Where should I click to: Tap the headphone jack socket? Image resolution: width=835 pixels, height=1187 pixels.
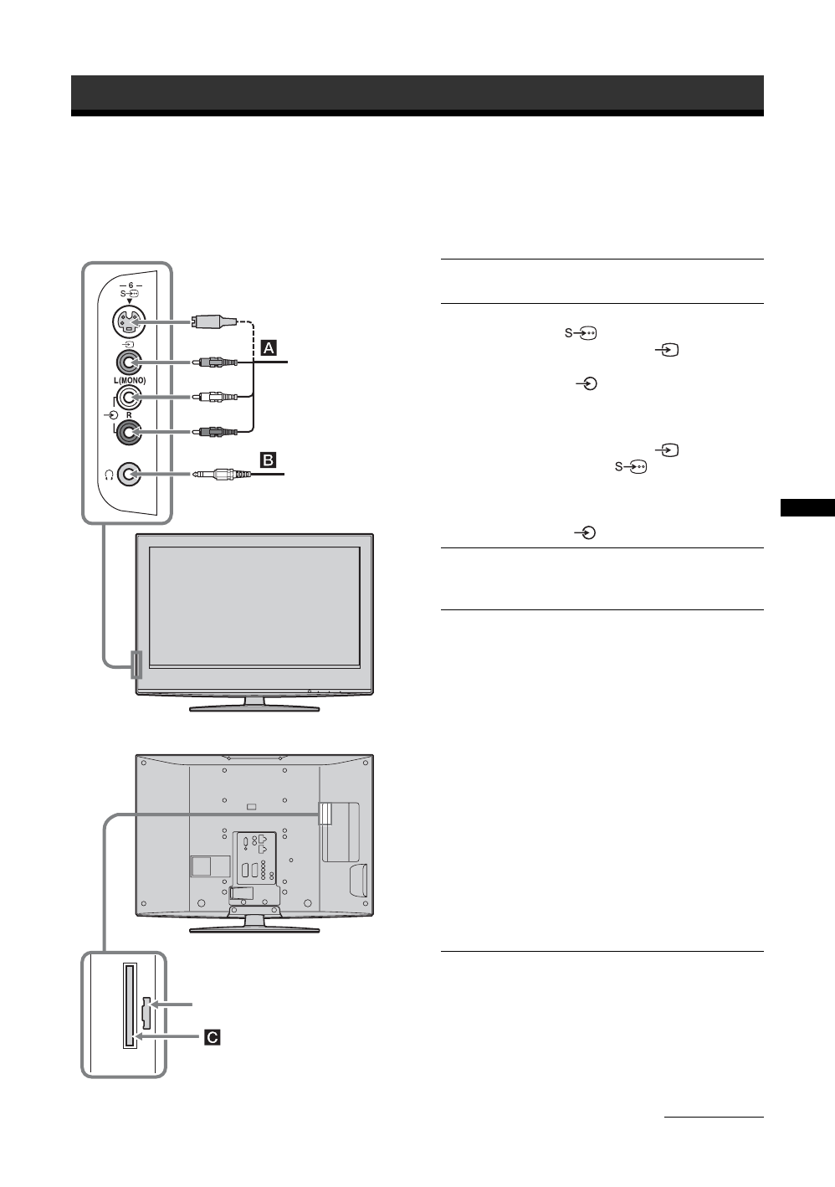(x=127, y=474)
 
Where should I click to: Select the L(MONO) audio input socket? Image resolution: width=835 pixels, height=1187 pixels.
(x=127, y=397)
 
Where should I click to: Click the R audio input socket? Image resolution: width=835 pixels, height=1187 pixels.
(x=127, y=432)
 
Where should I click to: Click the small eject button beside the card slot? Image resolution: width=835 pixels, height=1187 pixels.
(x=146, y=1012)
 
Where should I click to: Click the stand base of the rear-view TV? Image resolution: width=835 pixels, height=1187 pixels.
(x=254, y=928)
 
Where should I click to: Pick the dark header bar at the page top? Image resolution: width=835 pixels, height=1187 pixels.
(x=417, y=94)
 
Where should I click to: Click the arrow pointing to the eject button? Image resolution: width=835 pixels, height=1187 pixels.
(x=173, y=1003)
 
